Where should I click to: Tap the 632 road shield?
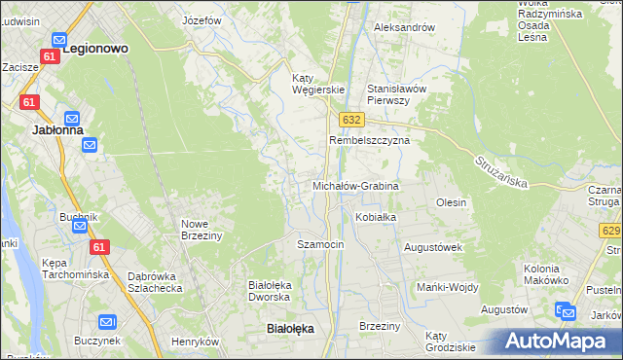tap(352, 119)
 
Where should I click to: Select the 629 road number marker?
tap(611, 231)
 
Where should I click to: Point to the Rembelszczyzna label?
tap(370, 140)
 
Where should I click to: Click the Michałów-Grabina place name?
tap(355, 185)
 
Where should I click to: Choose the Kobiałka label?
tap(376, 217)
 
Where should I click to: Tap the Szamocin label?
tap(320, 244)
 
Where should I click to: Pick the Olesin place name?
tap(452, 202)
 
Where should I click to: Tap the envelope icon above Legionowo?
tap(59, 41)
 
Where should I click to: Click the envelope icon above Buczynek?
tap(108, 322)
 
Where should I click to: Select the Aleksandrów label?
tap(404, 27)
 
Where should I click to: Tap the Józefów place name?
tap(203, 19)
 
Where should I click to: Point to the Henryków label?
tap(195, 342)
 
